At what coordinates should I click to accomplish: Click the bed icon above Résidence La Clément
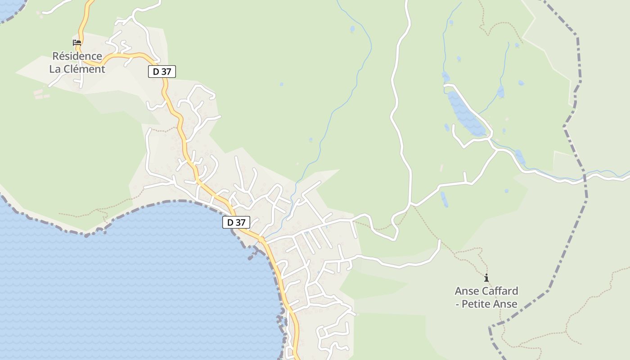pos(77,43)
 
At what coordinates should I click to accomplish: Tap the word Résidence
pos(77,56)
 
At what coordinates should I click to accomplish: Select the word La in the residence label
pos(55,69)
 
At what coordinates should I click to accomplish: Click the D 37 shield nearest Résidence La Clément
pos(162,71)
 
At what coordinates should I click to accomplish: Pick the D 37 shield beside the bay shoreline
pos(236,222)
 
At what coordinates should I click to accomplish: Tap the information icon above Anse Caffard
pos(486,278)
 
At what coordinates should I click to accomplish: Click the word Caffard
pos(499,291)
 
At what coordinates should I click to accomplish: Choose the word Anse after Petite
pos(506,304)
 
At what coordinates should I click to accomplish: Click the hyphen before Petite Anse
pos(457,304)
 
